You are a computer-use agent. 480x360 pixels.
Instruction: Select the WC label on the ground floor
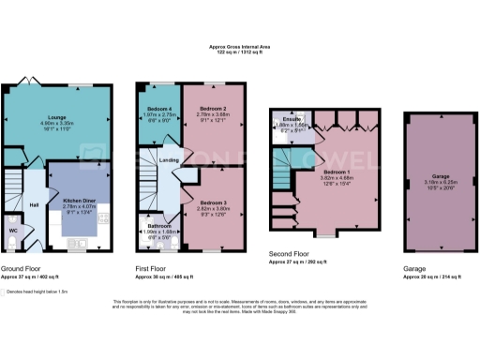click(x=12, y=227)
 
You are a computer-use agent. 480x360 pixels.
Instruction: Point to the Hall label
click(x=35, y=203)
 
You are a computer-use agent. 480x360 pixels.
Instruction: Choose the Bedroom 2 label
click(x=212, y=110)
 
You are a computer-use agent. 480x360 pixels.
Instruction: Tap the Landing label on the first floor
click(x=170, y=160)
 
